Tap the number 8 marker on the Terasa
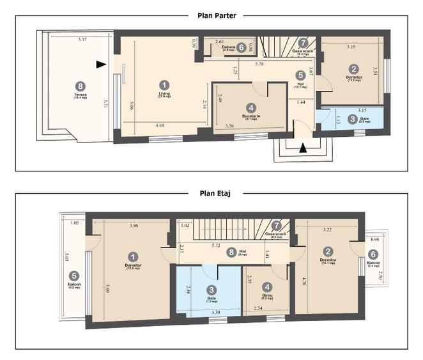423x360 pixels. point(80,85)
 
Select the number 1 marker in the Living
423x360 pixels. point(165,84)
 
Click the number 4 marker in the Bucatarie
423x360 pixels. point(251,108)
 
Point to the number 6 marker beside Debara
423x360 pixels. point(241,48)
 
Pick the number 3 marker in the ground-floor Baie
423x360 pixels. point(353,118)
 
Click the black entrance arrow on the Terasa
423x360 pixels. point(100,64)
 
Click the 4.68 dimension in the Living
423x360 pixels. point(163,126)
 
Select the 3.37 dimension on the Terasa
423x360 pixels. point(82,40)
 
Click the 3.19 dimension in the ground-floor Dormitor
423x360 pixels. point(351,47)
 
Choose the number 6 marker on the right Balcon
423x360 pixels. point(373,253)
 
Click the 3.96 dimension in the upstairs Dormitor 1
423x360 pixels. point(134,226)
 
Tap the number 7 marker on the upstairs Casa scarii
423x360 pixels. point(276,226)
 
